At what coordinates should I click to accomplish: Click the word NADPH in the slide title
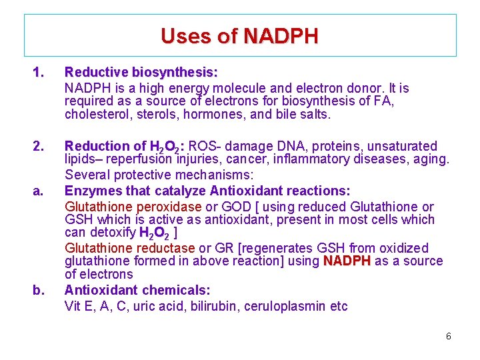point(281,35)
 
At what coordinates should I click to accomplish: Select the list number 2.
point(39,146)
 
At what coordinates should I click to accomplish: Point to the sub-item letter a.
point(38,191)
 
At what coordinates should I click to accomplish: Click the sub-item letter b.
point(38,290)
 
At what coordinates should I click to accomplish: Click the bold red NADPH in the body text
point(347,261)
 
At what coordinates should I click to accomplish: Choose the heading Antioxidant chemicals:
point(137,290)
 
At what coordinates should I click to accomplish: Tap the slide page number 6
point(448,337)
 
